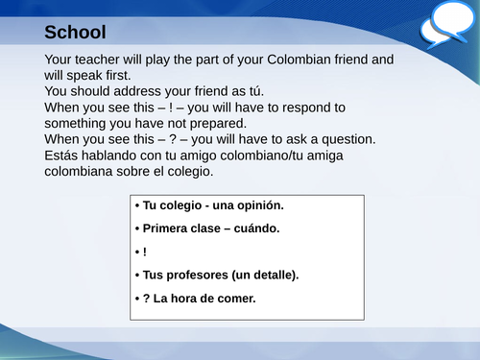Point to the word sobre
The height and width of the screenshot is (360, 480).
tap(143, 172)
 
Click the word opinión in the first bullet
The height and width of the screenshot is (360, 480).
tap(258, 205)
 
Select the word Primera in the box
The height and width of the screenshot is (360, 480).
tap(165, 228)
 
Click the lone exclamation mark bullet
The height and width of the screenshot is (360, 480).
tap(144, 252)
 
